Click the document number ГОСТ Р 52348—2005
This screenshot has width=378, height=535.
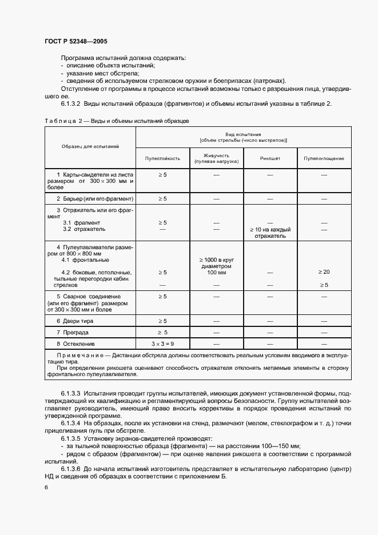tap(75, 41)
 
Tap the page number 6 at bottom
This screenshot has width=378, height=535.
tap(46, 488)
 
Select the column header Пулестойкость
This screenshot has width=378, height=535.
tap(162, 158)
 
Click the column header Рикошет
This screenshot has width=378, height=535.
tap(270, 158)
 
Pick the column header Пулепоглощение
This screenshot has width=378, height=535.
tap(324, 158)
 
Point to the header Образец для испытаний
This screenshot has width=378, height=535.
tap(90, 147)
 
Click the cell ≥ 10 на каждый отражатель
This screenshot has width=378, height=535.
tap(270, 232)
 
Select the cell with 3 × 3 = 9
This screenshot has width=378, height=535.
tap(162, 344)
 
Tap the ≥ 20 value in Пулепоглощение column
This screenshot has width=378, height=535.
tap(324, 272)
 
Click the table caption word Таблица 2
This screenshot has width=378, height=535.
tap(62, 121)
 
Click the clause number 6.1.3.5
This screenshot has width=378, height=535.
tap(71, 438)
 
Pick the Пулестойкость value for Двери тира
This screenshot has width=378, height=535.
tap(162, 321)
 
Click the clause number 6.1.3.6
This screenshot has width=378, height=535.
tap(71, 469)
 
